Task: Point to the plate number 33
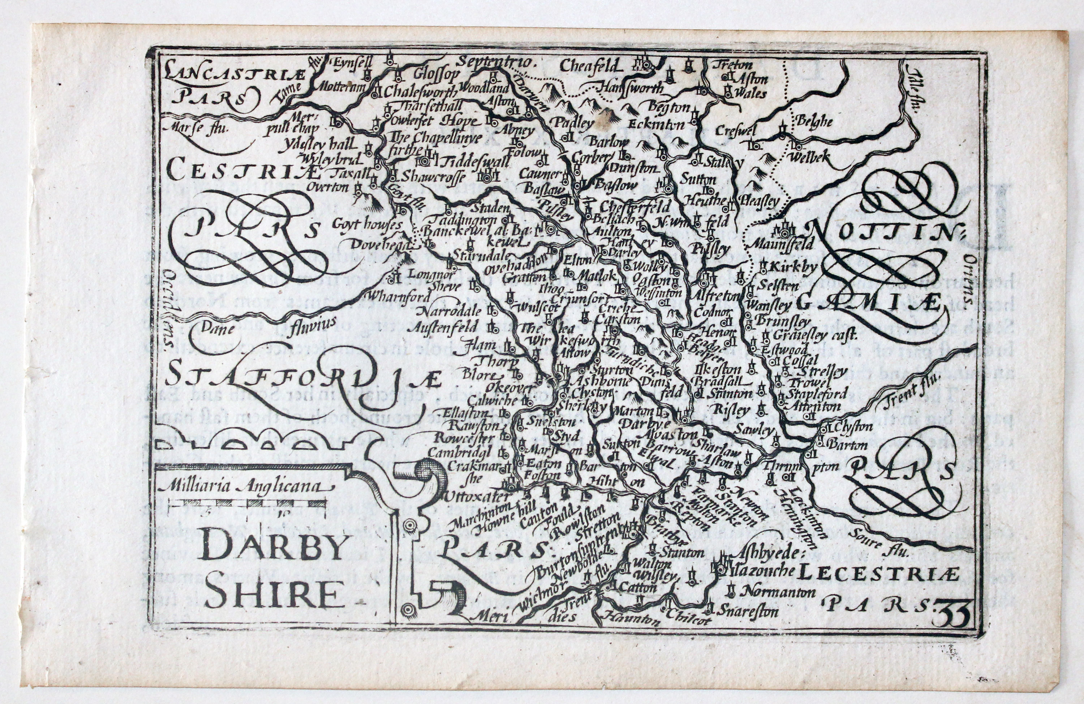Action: tap(951, 615)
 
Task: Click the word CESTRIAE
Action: tap(243, 169)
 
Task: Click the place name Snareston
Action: tap(747, 611)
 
